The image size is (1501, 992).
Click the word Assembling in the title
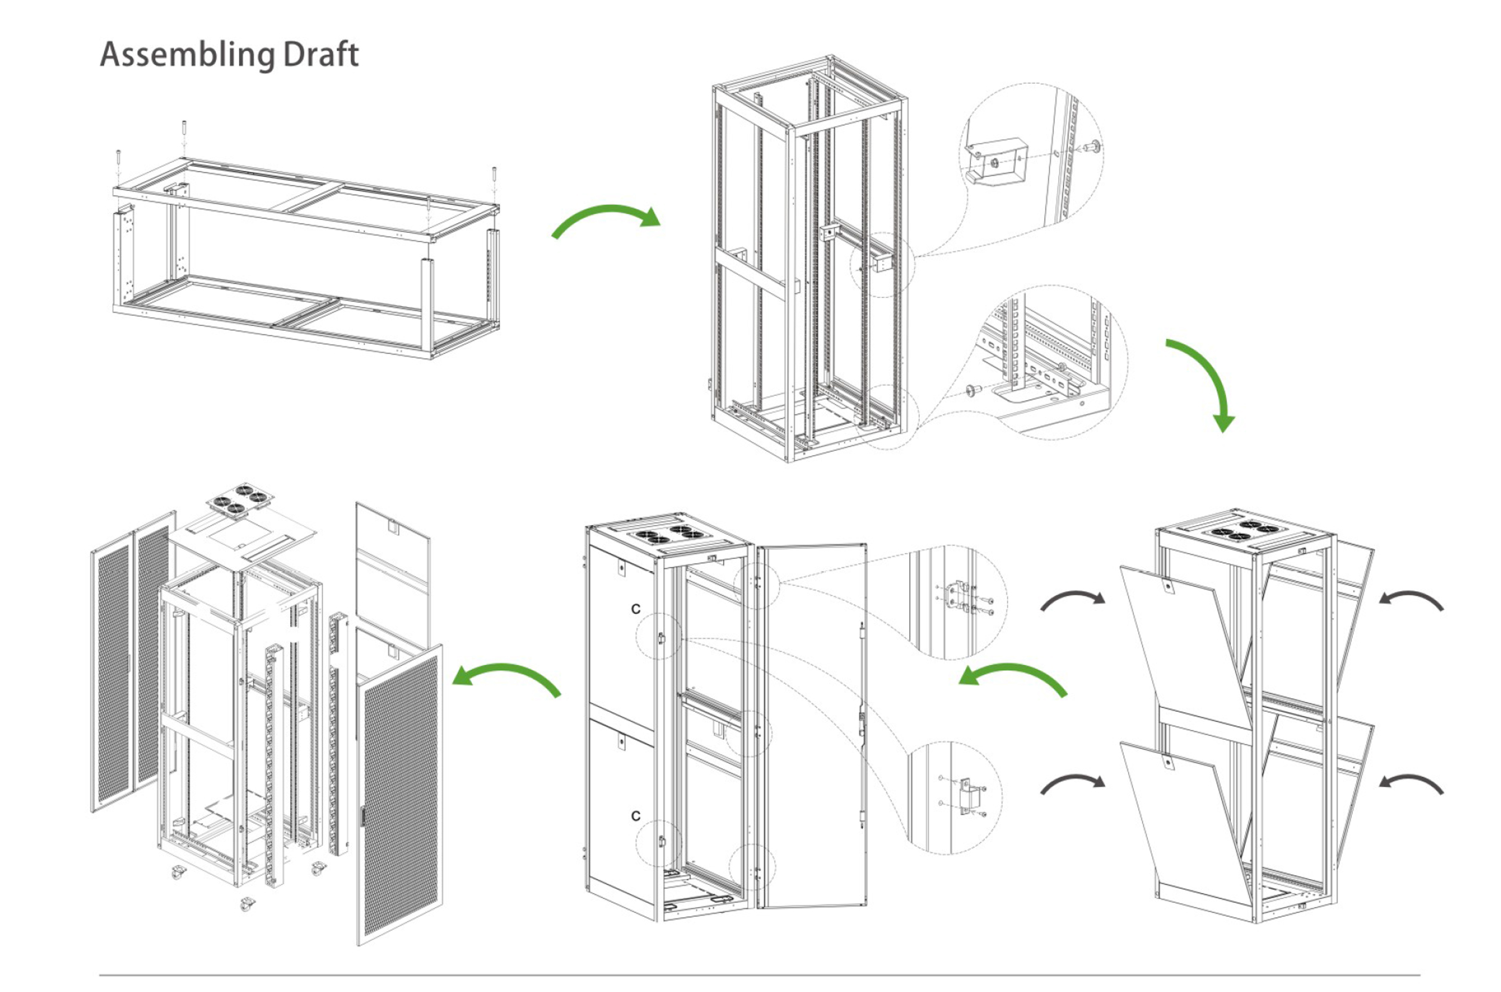pos(187,55)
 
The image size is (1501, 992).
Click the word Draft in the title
pos(320,54)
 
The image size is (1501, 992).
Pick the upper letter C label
pos(636,609)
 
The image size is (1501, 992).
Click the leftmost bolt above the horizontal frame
pos(118,163)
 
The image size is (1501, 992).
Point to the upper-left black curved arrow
pos(1072,600)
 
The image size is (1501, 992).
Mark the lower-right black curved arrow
pos(1411,783)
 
